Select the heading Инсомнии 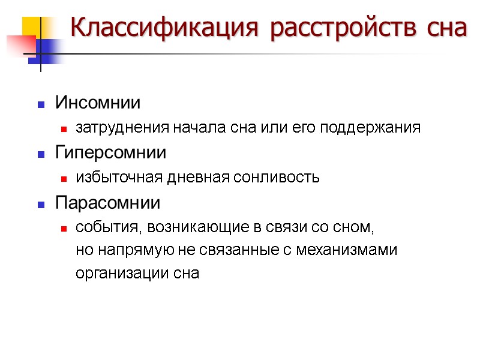98,103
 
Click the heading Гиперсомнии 111,153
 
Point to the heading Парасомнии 108,203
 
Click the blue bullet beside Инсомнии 41,104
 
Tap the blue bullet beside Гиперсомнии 41,155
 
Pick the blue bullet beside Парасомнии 41,205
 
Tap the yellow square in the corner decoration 31,26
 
